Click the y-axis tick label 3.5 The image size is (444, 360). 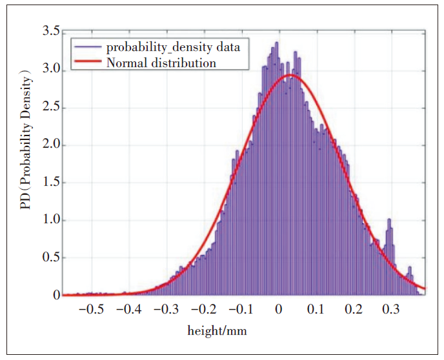(x=50, y=32)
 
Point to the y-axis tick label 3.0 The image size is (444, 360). (x=50, y=69)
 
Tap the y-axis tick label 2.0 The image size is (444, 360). (x=50, y=145)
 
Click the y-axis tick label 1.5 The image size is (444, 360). (x=50, y=182)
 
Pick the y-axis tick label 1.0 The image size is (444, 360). (x=50, y=220)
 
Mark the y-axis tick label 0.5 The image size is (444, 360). (x=50, y=257)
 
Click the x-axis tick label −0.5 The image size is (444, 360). (x=90, y=309)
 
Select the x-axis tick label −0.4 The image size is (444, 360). (x=128, y=309)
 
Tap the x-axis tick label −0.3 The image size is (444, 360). (x=165, y=309)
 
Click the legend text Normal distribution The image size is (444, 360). (x=161, y=63)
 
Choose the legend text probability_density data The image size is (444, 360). (x=173, y=47)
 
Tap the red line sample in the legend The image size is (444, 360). (x=88, y=63)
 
